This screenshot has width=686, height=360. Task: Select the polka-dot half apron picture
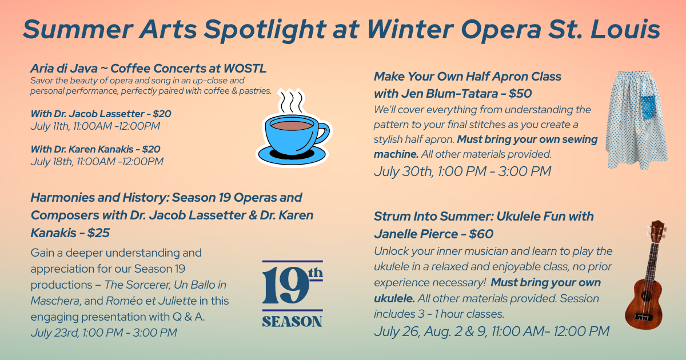tap(636, 120)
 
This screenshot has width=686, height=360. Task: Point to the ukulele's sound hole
tap(646, 295)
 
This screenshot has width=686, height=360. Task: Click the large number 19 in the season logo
tap(285, 286)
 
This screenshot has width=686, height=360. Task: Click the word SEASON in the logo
tap(292, 321)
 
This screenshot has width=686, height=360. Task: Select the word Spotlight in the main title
tap(265, 29)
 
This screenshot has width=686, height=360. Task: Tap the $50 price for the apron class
tap(520, 94)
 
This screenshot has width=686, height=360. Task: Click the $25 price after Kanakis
tap(98, 233)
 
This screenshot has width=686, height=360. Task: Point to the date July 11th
tap(50, 126)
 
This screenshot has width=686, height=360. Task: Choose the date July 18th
tap(52, 162)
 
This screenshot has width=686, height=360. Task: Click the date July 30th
tap(404, 171)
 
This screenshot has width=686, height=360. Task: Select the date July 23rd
tap(54, 333)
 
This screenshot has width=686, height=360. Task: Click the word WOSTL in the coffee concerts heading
tap(245, 69)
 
